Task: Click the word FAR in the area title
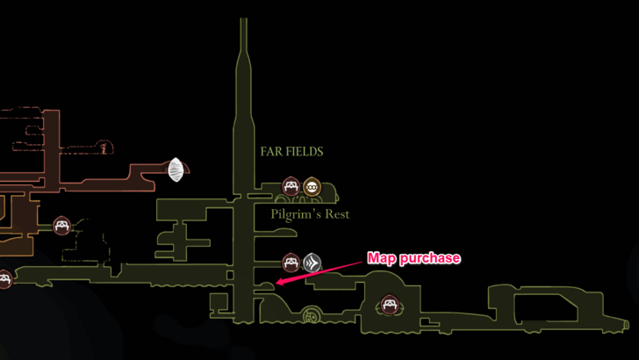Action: click(271, 151)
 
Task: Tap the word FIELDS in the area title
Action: click(304, 151)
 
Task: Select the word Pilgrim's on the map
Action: click(293, 214)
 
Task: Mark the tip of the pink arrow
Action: click(276, 283)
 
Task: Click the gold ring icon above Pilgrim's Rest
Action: click(312, 186)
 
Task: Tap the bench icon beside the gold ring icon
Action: click(291, 186)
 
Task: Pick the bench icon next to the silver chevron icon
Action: click(291, 262)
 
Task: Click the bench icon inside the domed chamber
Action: click(389, 306)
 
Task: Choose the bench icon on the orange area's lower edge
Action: click(61, 226)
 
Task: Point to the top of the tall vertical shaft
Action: click(243, 21)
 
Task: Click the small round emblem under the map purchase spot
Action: click(310, 316)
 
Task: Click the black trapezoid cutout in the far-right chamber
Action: click(544, 307)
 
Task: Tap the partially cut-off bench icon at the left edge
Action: click(4, 279)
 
